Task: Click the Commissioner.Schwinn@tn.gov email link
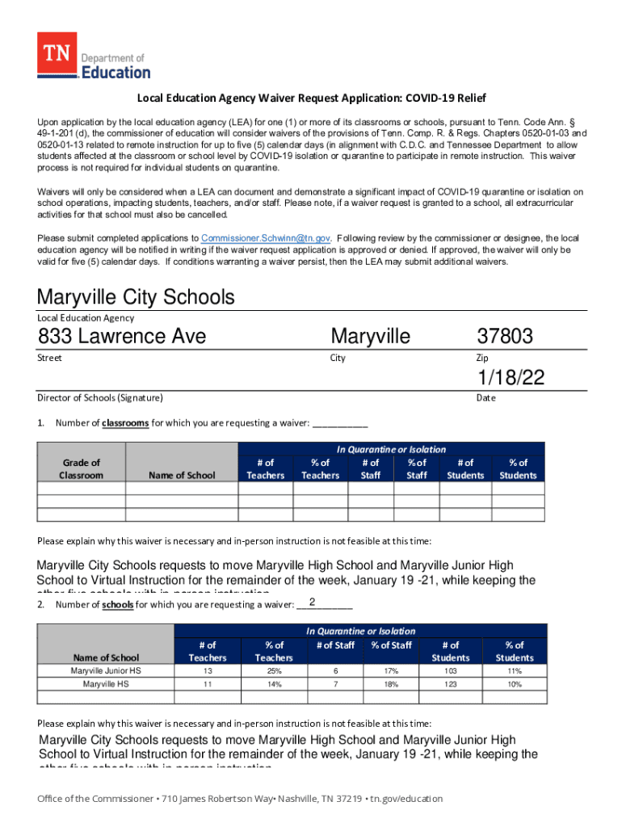266,238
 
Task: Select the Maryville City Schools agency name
136,297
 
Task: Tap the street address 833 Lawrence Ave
121,336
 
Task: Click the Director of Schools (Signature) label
100,397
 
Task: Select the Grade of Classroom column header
82,468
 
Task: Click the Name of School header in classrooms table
182,475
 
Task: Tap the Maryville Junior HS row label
105,670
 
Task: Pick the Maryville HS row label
105,684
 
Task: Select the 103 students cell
450,670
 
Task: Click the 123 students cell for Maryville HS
450,684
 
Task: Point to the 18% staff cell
391,684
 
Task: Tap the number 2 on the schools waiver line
312,602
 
